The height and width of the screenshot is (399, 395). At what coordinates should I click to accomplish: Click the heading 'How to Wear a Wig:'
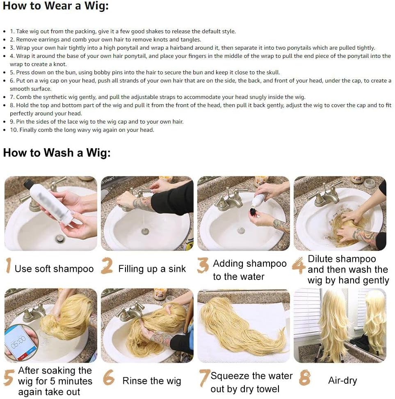coord(56,6)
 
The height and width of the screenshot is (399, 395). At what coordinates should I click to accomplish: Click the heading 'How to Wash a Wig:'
coord(57,153)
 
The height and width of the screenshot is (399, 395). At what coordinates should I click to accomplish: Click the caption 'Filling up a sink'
coord(152,269)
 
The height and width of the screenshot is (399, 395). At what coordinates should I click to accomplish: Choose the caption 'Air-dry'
coord(342,381)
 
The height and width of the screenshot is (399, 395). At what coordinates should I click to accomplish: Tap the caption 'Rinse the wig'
coord(152,381)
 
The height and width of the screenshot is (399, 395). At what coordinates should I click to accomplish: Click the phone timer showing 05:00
coord(21,343)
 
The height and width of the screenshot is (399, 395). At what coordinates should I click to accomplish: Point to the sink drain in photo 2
coord(145,232)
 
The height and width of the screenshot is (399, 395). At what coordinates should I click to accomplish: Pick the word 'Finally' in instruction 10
coord(28,130)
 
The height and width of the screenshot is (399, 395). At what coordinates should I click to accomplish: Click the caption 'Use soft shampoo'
coord(54,269)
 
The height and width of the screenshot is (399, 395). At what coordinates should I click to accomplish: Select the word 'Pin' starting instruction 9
coord(21,122)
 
